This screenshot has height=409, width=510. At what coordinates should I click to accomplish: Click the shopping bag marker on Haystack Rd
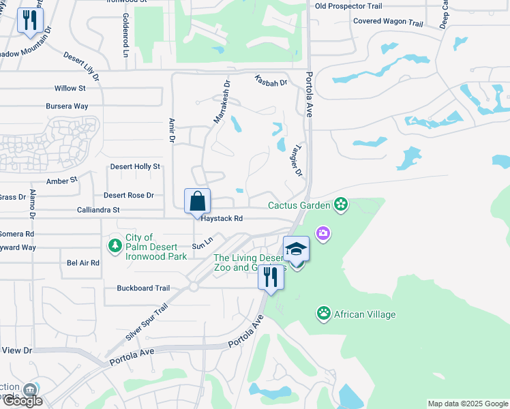coord(197,202)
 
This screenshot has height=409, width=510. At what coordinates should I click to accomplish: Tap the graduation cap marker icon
coord(297,249)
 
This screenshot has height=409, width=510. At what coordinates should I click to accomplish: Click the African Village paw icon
coord(324,314)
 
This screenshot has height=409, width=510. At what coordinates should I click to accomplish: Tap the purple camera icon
coord(322,234)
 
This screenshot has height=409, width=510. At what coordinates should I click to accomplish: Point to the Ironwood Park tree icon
coord(115,244)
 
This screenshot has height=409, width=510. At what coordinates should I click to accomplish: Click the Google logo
coord(22,400)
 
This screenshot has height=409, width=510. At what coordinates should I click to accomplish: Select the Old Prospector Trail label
coord(348,6)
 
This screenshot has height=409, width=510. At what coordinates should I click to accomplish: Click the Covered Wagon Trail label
coord(388,22)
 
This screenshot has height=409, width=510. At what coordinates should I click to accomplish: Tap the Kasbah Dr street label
coord(271,80)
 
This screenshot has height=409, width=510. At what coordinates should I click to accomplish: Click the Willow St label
coord(70,89)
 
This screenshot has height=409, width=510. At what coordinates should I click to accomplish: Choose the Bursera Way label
coord(67,106)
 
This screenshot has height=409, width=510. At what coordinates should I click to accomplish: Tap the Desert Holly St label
coord(135,166)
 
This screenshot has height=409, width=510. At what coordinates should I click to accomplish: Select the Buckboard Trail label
coord(143,288)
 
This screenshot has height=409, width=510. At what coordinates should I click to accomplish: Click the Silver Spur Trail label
coord(147,323)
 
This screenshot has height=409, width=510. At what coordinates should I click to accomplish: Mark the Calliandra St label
coord(98,210)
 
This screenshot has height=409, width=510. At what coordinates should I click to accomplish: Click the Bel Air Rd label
coord(83,262)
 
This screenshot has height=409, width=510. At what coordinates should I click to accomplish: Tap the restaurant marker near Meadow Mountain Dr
coord(29,20)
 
